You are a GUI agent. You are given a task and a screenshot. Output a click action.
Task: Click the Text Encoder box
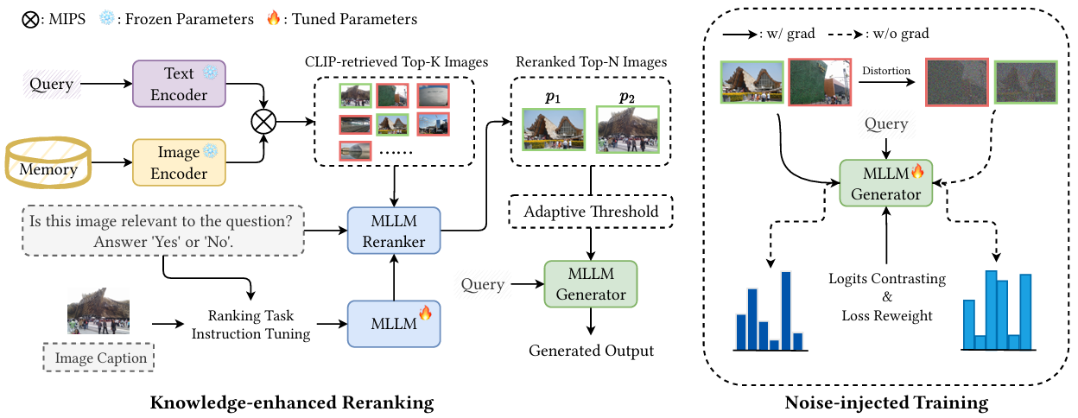178,84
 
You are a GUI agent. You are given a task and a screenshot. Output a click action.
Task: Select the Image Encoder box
178,162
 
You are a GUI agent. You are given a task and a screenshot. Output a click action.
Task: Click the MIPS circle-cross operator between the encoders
263,123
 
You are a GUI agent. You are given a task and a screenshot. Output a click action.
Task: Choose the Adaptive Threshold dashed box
591,212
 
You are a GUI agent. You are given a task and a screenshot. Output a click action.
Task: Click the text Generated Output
591,351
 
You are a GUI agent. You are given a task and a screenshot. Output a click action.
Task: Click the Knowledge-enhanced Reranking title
292,402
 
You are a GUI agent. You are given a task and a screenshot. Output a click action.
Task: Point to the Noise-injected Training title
886,402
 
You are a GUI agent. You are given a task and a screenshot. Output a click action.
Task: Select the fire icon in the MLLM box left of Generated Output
424,313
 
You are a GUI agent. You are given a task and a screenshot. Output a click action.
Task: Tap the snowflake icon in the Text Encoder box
210,75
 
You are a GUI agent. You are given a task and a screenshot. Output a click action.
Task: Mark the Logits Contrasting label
887,279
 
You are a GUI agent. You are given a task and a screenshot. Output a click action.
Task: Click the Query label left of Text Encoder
51,84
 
